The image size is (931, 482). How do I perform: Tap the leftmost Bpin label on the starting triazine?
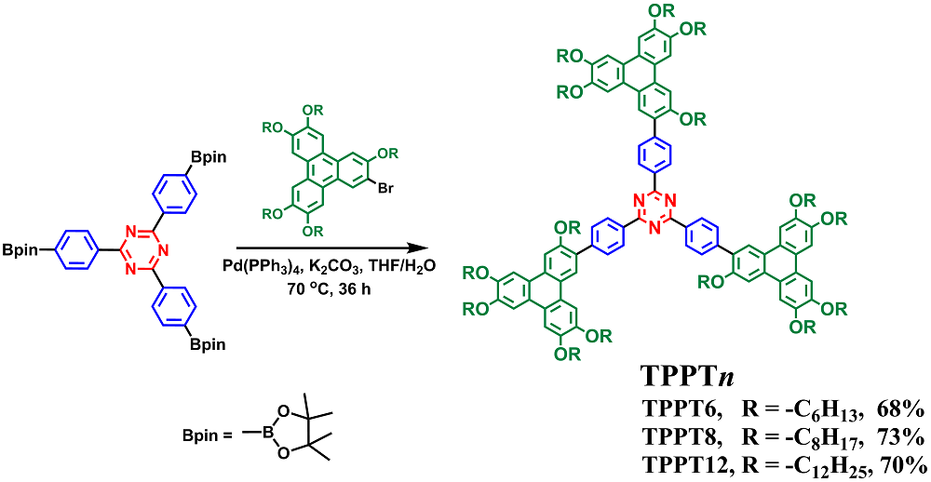pyautogui.click(x=19, y=248)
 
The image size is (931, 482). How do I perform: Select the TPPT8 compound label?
pyautogui.click(x=680, y=436)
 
